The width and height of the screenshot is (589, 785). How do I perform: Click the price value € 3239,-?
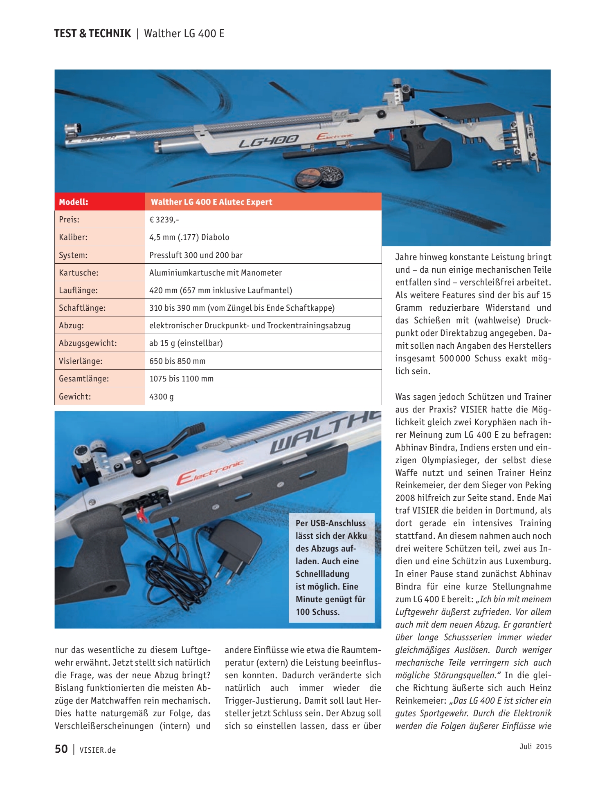pyautogui.click(x=164, y=220)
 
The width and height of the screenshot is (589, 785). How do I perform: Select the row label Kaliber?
pyautogui.click(x=73, y=237)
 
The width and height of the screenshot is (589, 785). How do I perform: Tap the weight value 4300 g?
pyautogui.click(x=162, y=397)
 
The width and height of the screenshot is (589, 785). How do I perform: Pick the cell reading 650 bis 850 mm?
pyautogui.click(x=177, y=361)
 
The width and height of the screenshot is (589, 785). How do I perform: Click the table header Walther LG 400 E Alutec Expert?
pyautogui.click(x=211, y=202)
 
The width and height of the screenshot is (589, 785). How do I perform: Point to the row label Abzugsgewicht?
pyautogui.click(x=88, y=343)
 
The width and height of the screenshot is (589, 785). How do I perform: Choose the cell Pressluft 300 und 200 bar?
pyautogui.click(x=196, y=255)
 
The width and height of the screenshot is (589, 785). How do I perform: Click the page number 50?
pyautogui.click(x=61, y=749)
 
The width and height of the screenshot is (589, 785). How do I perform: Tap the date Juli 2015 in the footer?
pyautogui.click(x=535, y=747)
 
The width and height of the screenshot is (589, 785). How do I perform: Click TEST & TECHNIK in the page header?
pyautogui.click(x=92, y=34)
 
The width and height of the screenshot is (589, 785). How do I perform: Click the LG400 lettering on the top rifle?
pyautogui.click(x=269, y=141)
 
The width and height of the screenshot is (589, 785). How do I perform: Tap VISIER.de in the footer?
pyautogui.click(x=98, y=750)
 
